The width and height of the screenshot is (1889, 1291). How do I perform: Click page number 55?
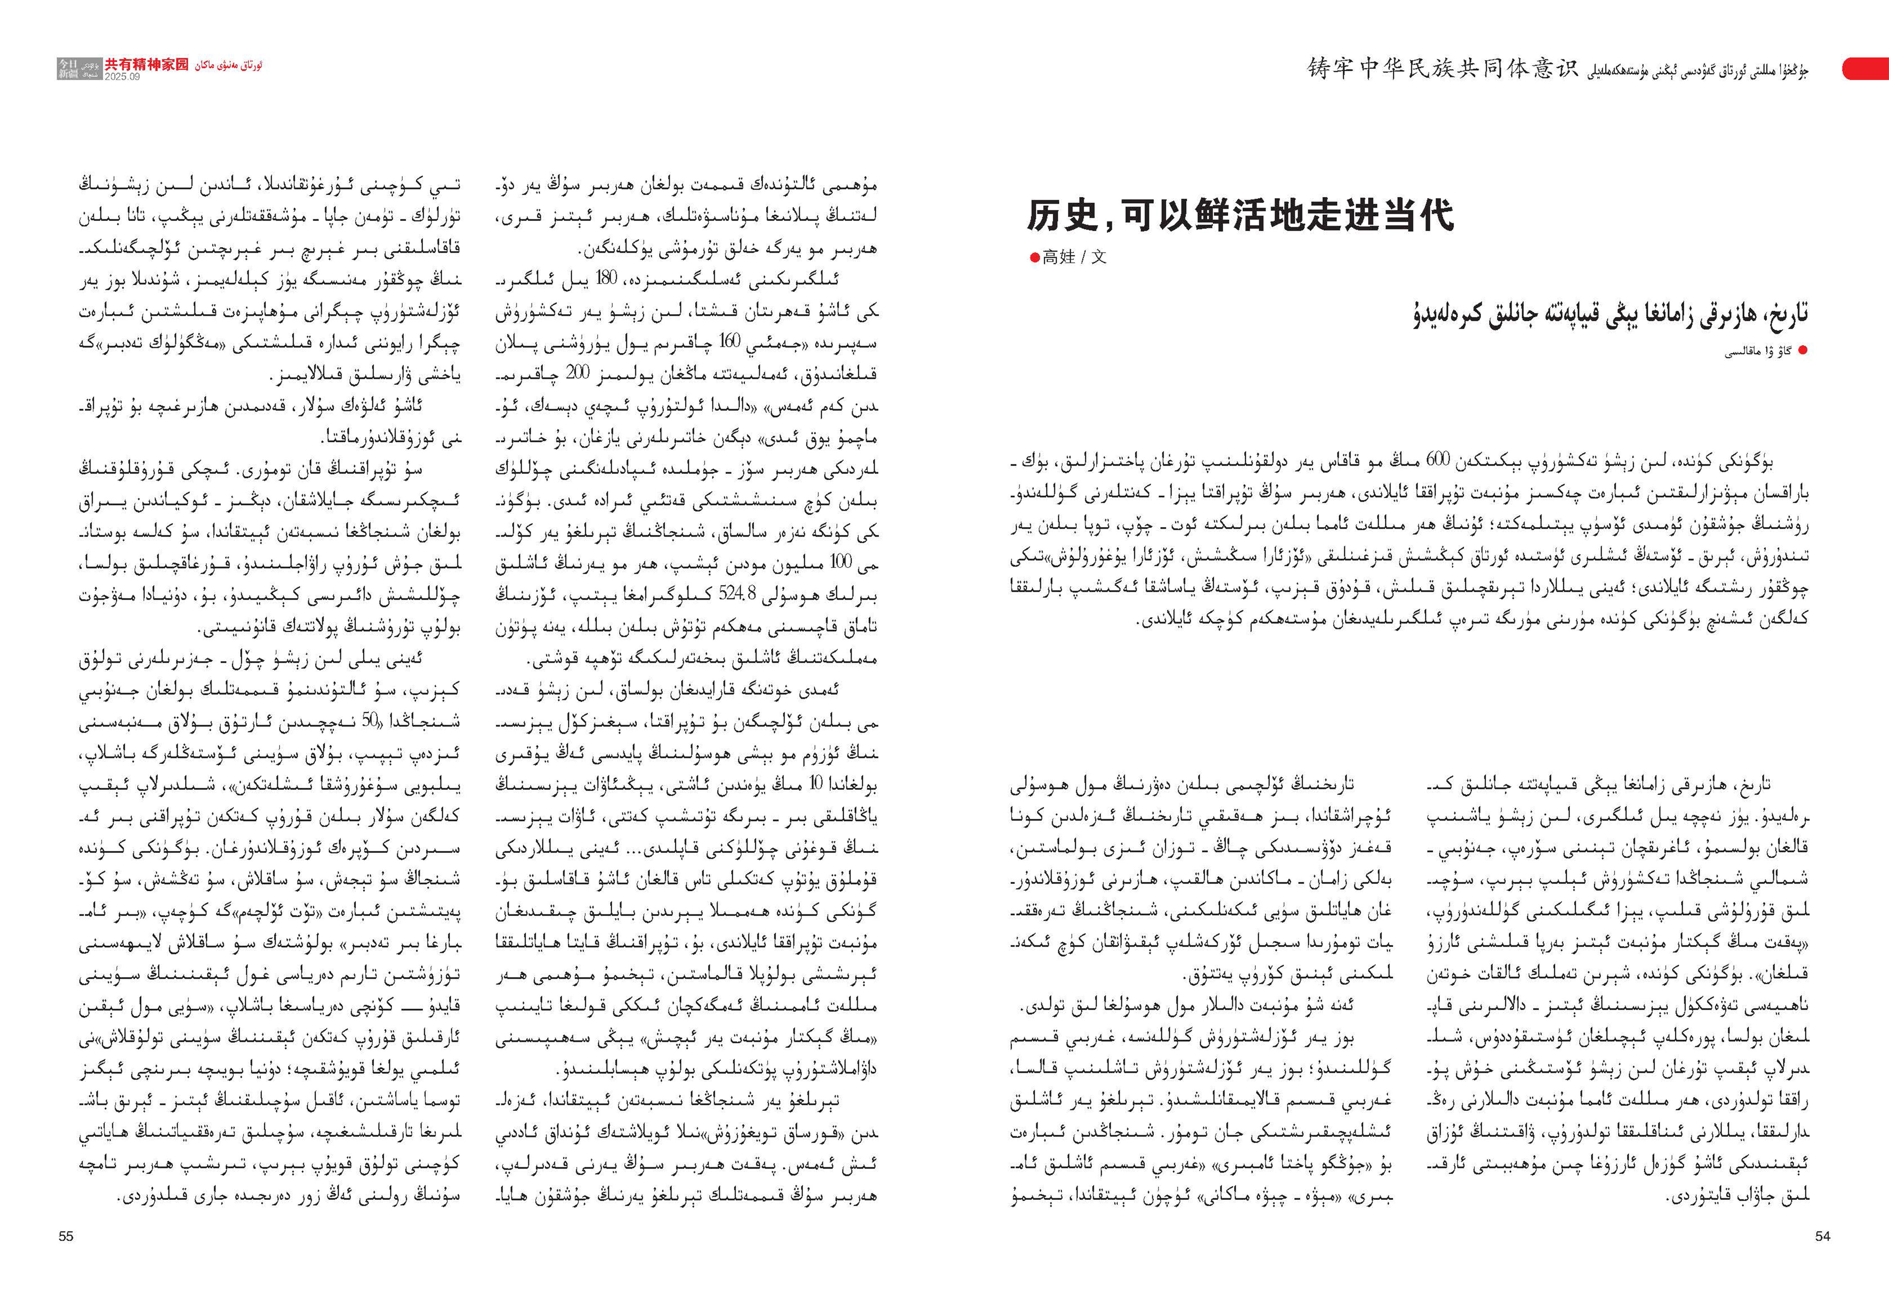pos(66,1236)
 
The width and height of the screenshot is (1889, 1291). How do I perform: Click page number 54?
pos(1822,1236)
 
